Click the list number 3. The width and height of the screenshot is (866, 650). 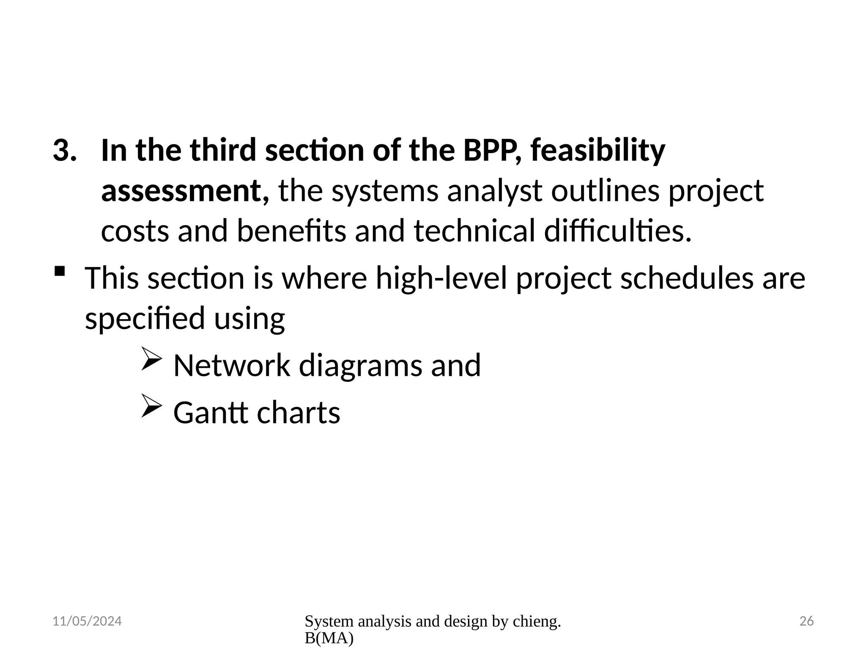pyautogui.click(x=64, y=151)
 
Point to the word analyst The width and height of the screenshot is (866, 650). pyautogui.click(x=495, y=191)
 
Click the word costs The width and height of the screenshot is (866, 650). pyautogui.click(x=135, y=231)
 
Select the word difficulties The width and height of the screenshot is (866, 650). pyautogui.click(x=617, y=231)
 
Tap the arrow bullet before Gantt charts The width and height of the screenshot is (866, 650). pyautogui.click(x=151, y=405)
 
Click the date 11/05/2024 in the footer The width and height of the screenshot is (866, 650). pyautogui.click(x=87, y=621)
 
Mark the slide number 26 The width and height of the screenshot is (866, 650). pyautogui.click(x=806, y=621)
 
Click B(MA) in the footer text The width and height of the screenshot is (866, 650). pyautogui.click(x=329, y=639)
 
